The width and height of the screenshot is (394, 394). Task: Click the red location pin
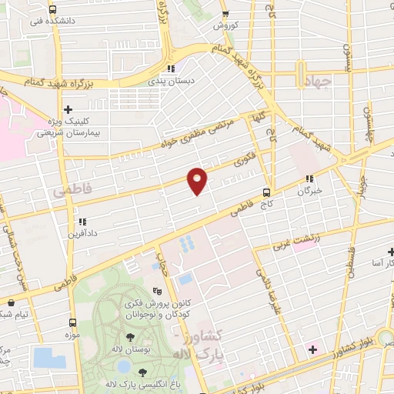[x=198, y=179]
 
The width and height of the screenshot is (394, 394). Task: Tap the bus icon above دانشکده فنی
[x=52, y=10]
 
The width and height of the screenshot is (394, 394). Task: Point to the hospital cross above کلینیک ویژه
[x=68, y=109]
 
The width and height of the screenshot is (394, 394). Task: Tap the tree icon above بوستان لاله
[x=129, y=336]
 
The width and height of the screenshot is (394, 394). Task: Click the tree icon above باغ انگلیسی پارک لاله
[x=142, y=372]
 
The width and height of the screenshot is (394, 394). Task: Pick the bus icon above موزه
[x=73, y=322]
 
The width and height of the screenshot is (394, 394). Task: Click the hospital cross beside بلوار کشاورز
[x=312, y=351]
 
